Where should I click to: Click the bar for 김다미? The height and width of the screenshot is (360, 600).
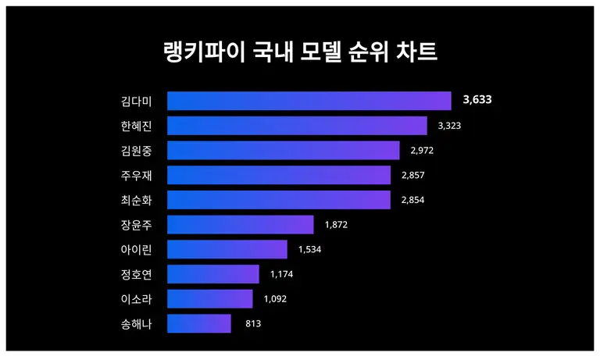coord(309,101)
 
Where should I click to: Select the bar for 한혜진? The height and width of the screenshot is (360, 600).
coord(297,126)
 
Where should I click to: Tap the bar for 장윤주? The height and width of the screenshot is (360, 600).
coord(240,225)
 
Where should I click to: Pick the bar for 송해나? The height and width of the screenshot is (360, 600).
coord(199,324)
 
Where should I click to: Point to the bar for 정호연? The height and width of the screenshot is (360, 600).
coord(213,274)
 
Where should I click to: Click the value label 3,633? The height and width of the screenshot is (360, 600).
coord(477,101)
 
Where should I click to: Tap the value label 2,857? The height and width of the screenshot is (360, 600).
coord(413,176)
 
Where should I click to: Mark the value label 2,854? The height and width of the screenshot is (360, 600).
coord(413,201)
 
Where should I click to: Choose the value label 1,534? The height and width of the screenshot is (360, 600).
coord(310,250)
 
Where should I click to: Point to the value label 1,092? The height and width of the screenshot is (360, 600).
coord(276,299)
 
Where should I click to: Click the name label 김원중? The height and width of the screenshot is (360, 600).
coord(136,151)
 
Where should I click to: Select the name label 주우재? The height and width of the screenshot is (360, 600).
coord(136,176)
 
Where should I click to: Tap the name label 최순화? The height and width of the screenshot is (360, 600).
coord(136,201)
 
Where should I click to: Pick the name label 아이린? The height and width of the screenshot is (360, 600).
coord(136,250)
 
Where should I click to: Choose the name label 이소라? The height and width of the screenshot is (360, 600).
coord(136,299)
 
